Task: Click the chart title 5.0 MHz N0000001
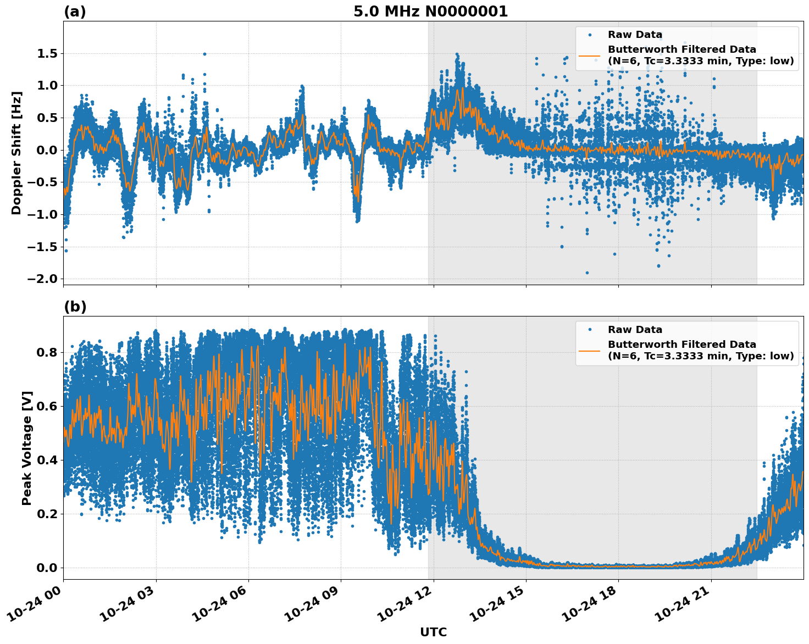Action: point(430,12)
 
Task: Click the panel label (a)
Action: point(75,12)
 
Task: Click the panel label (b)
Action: point(75,307)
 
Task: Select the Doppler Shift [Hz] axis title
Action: point(16,153)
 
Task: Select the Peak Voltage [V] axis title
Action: point(27,448)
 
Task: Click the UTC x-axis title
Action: point(433,632)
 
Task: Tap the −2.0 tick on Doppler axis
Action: point(42,279)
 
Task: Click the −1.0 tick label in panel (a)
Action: point(42,214)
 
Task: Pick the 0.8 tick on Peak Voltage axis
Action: point(46,352)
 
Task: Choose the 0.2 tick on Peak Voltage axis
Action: point(46,514)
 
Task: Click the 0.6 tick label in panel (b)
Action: point(46,406)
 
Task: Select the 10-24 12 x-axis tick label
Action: point(405,604)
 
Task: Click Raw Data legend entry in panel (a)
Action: point(635,35)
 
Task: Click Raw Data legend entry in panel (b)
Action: point(635,330)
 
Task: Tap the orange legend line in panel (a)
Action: point(589,55)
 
